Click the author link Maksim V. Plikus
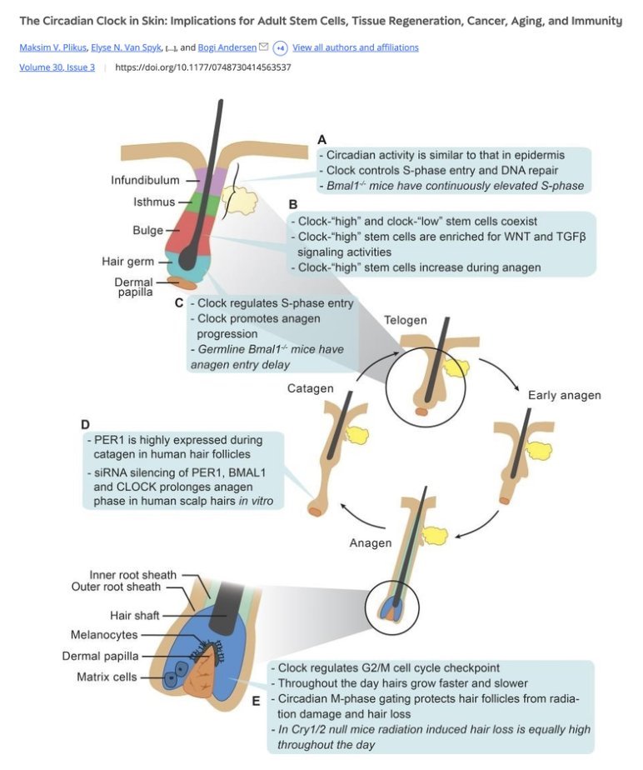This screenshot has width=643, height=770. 54,47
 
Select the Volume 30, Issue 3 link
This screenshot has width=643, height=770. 57,67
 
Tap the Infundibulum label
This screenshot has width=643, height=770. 144,180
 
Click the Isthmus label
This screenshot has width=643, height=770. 154,202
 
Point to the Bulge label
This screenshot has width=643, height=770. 147,230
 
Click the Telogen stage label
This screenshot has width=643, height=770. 406,320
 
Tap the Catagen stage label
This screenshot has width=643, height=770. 311,388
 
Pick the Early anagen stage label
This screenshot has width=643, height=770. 564,395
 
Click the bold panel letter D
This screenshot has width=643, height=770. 86,424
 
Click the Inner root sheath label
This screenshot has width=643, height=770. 133,575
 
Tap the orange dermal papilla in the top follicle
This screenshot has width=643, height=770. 182,283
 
